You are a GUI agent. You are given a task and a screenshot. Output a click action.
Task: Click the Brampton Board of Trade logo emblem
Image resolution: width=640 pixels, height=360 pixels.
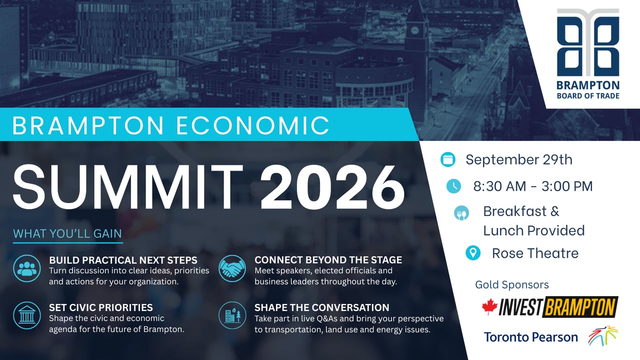coord(588,42)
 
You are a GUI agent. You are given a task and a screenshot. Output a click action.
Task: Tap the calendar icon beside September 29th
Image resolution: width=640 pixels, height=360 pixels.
coord(447,159)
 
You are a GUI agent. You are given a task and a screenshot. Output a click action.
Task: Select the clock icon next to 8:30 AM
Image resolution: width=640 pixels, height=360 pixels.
coord(453,186)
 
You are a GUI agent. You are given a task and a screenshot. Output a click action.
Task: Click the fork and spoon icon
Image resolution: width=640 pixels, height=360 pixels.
coord(461,213)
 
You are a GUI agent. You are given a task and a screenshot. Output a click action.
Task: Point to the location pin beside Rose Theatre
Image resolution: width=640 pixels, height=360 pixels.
coord(473,253)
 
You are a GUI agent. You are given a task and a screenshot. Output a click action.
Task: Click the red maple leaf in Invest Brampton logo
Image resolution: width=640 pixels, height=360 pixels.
coord(489,307)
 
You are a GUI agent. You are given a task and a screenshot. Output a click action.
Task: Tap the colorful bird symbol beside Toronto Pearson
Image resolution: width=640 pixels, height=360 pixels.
coord(603,335)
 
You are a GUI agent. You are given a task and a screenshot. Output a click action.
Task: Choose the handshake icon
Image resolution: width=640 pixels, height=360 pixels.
coord(232,268)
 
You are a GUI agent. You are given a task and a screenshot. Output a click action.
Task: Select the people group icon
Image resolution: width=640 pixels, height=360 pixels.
coord(27,268)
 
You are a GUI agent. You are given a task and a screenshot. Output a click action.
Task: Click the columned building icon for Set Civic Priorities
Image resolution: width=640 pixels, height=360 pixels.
coord(27,315)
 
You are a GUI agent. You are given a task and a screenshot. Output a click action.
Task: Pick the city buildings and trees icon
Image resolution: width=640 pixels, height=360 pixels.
coord(232,315)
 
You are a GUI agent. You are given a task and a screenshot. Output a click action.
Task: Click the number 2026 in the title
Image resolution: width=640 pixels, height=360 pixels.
coord(332,187)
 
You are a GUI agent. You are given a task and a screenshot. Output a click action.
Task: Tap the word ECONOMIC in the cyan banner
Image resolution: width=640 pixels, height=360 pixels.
coord(253,125)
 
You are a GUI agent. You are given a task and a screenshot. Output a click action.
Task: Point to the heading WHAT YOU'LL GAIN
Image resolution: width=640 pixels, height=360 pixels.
coord(67,233)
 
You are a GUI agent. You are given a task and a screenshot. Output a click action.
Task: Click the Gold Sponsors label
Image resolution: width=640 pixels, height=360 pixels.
coord(511,284)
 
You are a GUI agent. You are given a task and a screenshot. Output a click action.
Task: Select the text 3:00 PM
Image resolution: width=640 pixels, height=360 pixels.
coord(567,186)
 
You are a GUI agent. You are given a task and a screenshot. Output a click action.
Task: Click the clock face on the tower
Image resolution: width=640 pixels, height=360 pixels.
coord(414,30)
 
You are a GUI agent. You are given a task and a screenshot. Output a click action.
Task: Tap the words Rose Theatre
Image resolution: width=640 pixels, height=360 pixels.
coord(535,253)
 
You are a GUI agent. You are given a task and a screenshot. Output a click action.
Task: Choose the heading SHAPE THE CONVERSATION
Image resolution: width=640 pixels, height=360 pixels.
coord(321,307)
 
